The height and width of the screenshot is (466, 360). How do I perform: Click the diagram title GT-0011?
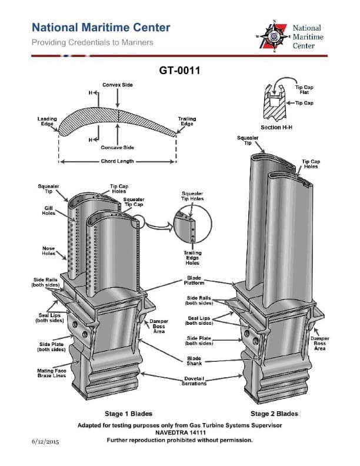(180, 71)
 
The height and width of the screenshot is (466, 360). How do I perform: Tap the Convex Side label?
(118, 85)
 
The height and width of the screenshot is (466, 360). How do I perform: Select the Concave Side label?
(118, 147)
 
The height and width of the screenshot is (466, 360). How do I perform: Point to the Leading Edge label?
(47, 121)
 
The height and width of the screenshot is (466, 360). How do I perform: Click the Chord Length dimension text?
(117, 161)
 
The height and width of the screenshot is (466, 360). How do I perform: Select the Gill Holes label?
(49, 211)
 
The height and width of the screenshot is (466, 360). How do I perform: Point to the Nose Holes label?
(48, 251)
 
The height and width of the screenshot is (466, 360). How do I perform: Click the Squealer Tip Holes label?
(192, 196)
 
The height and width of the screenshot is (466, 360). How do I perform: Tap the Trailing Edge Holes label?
(192, 258)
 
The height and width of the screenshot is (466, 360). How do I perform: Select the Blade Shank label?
(194, 361)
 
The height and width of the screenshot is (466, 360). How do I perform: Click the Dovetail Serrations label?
(194, 381)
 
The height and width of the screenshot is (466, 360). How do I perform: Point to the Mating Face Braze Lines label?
(47, 373)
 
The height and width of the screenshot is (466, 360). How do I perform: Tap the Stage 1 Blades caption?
(120, 414)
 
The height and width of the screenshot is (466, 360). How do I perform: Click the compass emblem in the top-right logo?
(273, 36)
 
